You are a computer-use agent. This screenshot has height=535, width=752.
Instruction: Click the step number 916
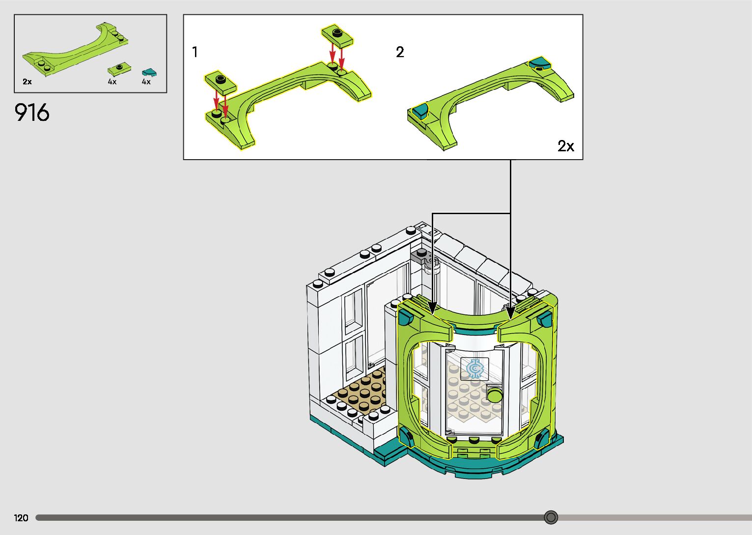point(32,113)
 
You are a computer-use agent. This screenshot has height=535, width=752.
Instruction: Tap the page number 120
point(21,518)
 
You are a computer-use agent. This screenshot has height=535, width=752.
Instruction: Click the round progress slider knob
point(551,517)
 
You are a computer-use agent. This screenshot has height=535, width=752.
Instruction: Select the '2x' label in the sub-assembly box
point(565,146)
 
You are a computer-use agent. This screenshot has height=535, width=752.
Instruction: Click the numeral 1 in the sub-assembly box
point(195,52)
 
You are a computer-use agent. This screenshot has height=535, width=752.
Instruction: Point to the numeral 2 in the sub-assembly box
point(400,52)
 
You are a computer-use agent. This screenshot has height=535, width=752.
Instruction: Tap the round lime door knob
point(495,394)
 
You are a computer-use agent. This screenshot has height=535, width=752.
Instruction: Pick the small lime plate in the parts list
point(118,68)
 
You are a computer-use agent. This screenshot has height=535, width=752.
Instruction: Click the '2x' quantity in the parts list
point(27,82)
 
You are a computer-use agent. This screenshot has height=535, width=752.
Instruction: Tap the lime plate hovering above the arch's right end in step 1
point(337,36)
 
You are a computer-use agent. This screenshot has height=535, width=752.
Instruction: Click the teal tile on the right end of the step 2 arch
point(540,62)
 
